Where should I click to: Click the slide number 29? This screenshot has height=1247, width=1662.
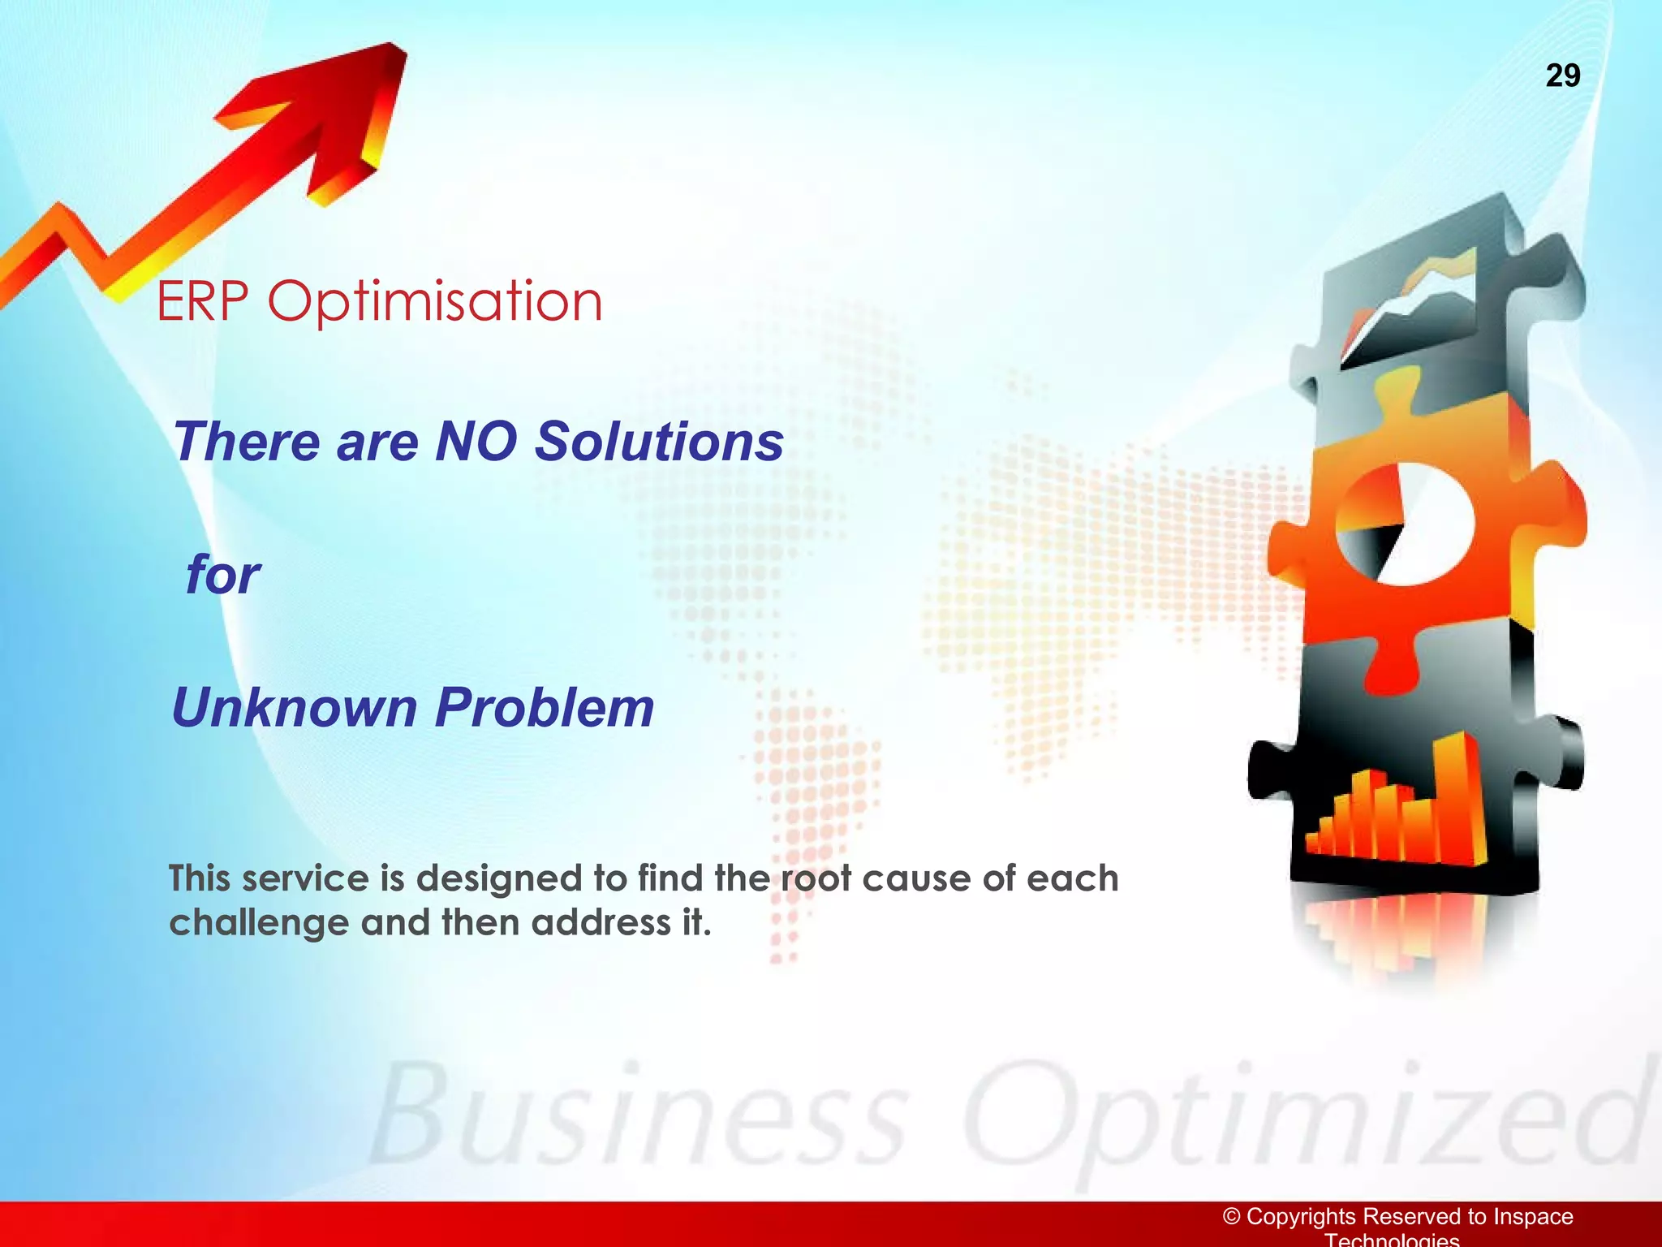coord(1562,76)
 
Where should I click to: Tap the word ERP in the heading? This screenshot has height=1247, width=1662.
coord(202,301)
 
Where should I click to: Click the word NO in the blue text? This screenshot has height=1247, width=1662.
coord(476,442)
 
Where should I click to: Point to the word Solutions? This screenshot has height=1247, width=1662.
coord(659,442)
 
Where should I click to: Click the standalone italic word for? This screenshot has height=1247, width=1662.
coord(222,575)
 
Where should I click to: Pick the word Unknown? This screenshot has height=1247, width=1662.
coord(293,707)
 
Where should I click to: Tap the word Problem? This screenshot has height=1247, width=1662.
coord(545,707)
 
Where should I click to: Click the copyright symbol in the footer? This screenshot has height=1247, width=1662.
coord(1231,1216)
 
